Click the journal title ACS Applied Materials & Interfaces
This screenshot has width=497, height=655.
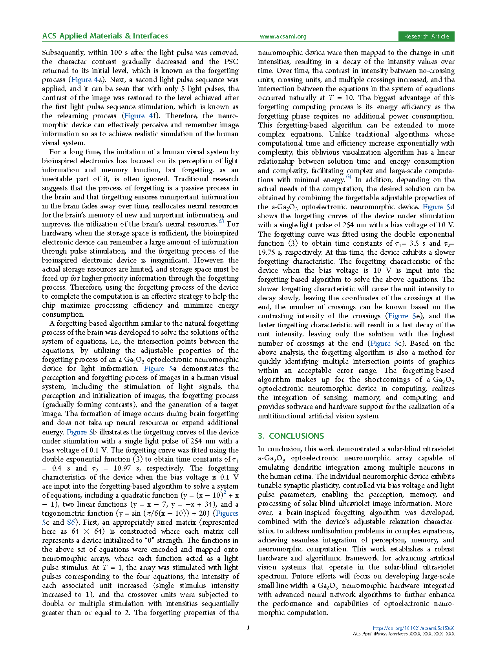[x=105, y=36]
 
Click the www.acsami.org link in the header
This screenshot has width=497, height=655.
[x=283, y=36]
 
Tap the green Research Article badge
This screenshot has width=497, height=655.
[x=426, y=36]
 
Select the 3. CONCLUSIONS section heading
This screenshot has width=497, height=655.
[x=291, y=436]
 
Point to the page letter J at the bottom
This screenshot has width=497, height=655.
[x=248, y=628]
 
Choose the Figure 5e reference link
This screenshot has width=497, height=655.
[x=404, y=316]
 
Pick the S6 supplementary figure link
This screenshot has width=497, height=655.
[x=71, y=522]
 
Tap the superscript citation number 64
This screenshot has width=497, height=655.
[x=349, y=177]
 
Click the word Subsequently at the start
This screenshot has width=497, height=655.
[x=63, y=53]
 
